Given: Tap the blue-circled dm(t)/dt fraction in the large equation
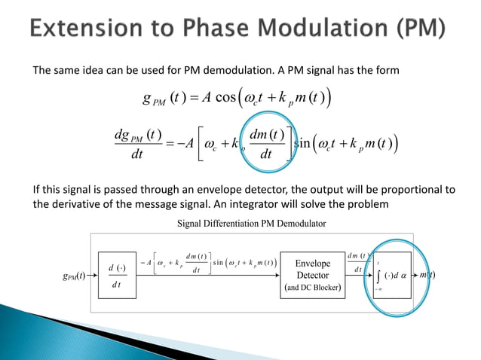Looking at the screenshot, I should [x=267, y=144].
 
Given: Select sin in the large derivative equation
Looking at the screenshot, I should [x=309, y=143].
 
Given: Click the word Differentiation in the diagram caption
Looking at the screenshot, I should [x=244, y=222].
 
